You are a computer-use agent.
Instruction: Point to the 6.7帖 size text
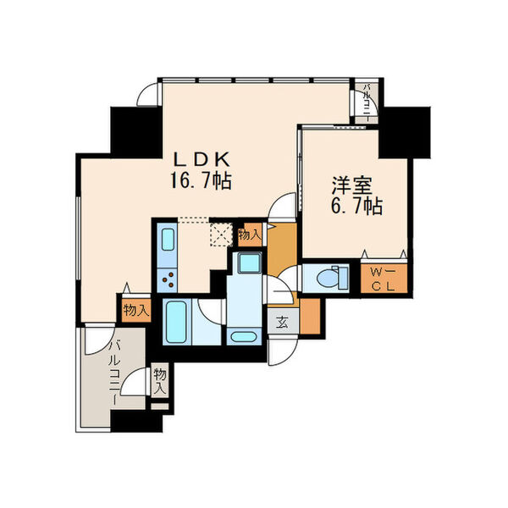tap(355, 206)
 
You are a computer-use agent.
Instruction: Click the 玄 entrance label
tap(279, 321)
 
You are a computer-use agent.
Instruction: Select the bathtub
tap(177, 322)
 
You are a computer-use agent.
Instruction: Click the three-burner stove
tap(166, 278)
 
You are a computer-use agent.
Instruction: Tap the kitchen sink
tap(165, 240)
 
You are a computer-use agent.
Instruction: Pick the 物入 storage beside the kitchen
tap(249, 235)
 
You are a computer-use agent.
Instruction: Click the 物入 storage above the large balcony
tap(135, 310)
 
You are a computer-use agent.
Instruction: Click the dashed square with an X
tap(222, 233)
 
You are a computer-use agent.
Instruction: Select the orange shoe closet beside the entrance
tap(310, 315)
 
